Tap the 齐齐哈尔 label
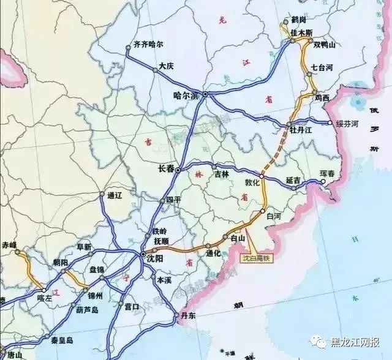(x=149, y=45)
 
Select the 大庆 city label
(x=166, y=66)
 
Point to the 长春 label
(x=166, y=168)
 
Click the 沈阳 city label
(x=156, y=259)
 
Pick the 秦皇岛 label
(x=61, y=340)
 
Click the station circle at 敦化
(x=262, y=176)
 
